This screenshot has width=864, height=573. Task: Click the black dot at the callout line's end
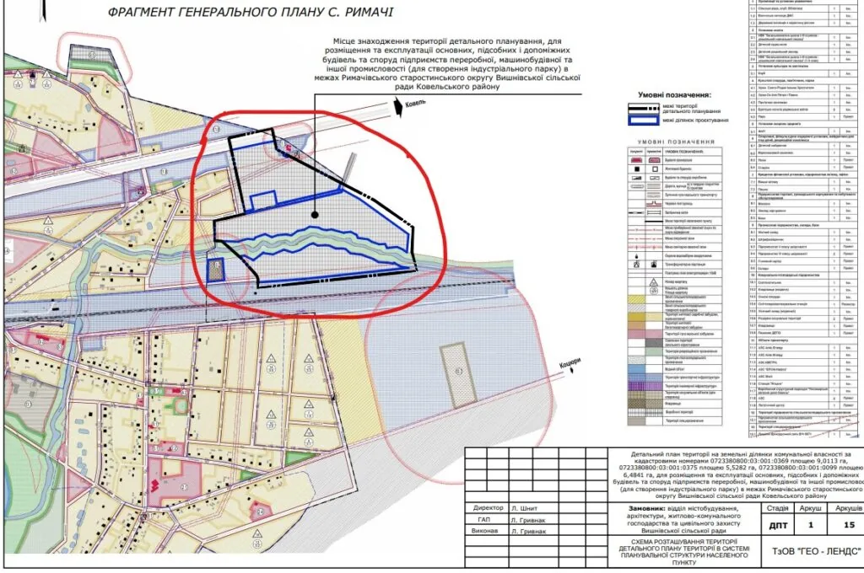point(314,215)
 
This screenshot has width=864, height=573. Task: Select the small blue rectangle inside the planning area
point(264,200)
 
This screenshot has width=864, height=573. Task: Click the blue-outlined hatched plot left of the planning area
point(217,270)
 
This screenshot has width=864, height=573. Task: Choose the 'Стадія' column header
point(775,509)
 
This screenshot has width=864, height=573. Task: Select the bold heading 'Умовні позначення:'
point(674,95)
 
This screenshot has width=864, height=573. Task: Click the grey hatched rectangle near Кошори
point(458,371)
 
